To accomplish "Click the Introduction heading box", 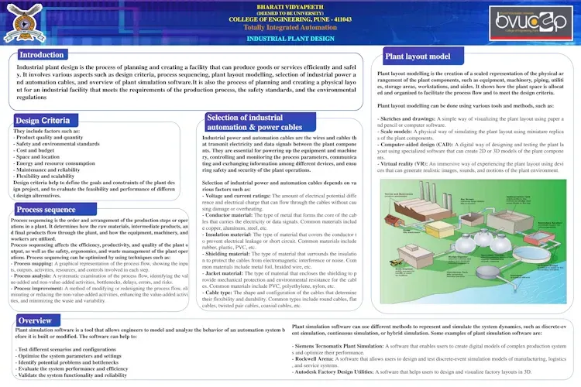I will [42, 55].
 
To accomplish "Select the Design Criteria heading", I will [43, 121].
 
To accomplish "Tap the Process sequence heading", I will [46, 210].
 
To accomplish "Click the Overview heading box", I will [35, 320].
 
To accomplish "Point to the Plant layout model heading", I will [418, 57].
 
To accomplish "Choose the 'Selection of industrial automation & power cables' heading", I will [254, 122].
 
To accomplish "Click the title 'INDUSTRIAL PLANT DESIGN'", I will [290, 38].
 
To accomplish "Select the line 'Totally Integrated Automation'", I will [290, 27].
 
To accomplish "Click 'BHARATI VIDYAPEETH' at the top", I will [290, 5].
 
